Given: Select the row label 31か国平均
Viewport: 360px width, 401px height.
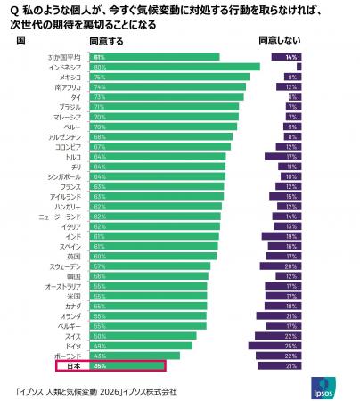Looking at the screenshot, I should (x=65, y=57).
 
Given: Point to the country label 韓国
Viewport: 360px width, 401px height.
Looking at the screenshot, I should (x=74, y=275).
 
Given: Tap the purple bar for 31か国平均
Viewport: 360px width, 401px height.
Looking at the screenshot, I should (x=290, y=57).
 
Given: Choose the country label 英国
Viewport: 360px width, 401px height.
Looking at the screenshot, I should (x=74, y=256).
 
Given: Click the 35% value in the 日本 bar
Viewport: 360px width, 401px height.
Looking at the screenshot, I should (x=99, y=365).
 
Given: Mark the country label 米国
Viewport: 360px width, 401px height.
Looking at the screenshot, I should (x=74, y=296).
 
